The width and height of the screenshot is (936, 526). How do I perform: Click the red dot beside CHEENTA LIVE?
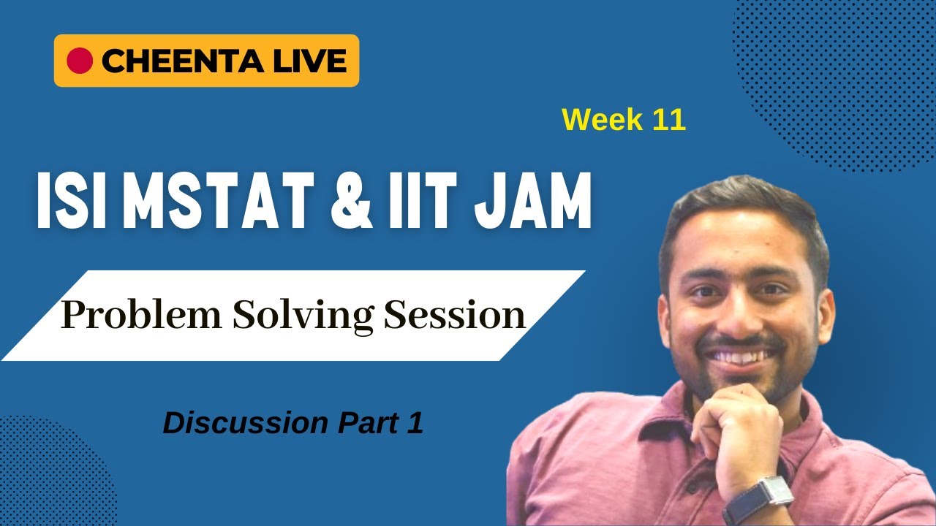click(x=80, y=61)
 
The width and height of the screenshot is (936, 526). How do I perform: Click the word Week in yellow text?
click(x=597, y=120)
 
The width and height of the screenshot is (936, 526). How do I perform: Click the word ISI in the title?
click(x=72, y=199)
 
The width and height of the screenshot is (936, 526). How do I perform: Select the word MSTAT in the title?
click(x=217, y=199)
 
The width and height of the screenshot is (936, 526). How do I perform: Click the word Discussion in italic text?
click(x=245, y=424)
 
